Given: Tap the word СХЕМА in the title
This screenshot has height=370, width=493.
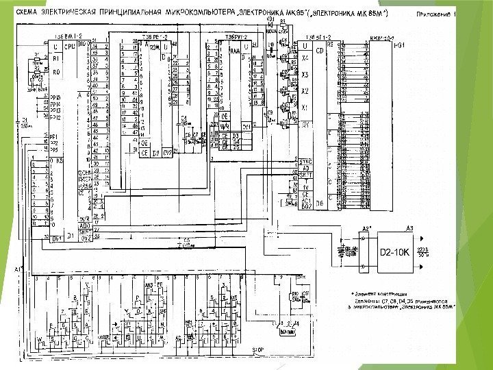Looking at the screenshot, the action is pyautogui.click(x=27, y=13).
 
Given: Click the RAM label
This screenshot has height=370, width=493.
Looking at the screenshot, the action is pyautogui.click(x=234, y=51).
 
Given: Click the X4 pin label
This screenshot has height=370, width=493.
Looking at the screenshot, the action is pyautogui.click(x=305, y=59).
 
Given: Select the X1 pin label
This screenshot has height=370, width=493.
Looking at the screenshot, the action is pyautogui.click(x=305, y=108).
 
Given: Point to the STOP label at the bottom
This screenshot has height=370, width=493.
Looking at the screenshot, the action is pyautogui.click(x=258, y=349).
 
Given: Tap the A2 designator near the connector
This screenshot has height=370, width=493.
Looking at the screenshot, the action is pyautogui.click(x=366, y=227).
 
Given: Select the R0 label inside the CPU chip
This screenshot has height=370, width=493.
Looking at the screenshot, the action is pyautogui.click(x=57, y=71).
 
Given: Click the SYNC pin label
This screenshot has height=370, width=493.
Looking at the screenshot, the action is pyautogui.click(x=306, y=161).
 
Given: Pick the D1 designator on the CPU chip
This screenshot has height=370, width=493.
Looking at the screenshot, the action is pyautogui.click(x=70, y=234).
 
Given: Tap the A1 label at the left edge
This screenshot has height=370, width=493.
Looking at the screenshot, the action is pyautogui.click(x=18, y=269).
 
